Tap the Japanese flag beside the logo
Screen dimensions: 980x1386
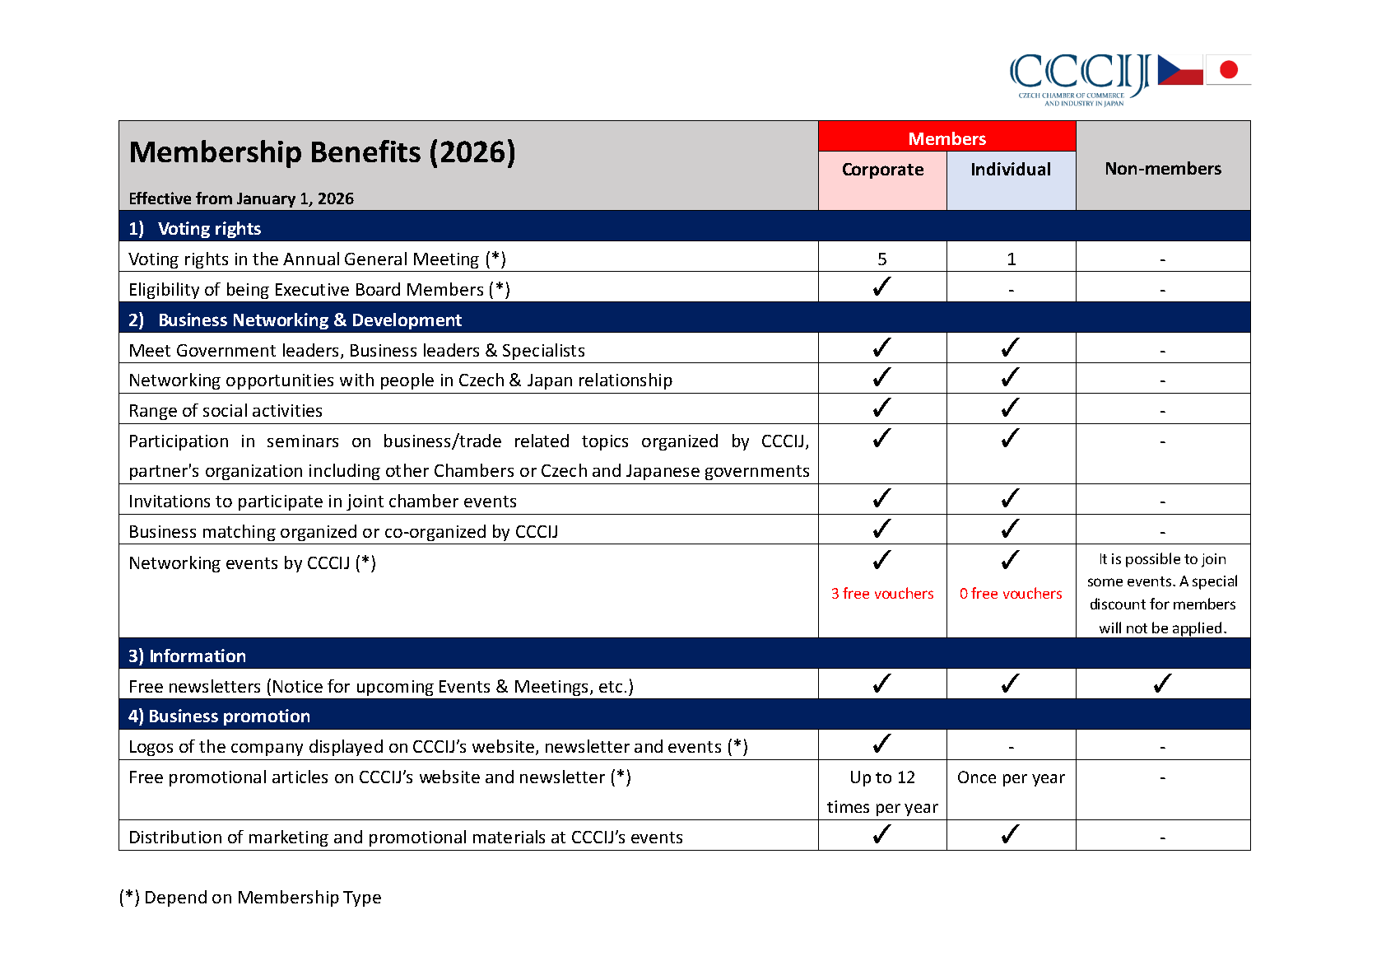pos(1228,70)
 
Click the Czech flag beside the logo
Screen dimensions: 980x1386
pos(1179,70)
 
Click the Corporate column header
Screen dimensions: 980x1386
pos(882,170)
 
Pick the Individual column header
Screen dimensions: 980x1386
pos(1011,170)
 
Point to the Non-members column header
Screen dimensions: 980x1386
pos(1162,169)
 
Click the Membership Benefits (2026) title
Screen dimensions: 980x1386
pos(322,152)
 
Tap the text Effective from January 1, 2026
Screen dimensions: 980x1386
pos(241,198)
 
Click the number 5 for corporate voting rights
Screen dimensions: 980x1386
pos(882,259)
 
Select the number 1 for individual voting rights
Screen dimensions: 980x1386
pos(1012,259)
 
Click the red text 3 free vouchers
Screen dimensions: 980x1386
pos(882,594)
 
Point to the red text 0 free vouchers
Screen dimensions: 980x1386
pos(1011,594)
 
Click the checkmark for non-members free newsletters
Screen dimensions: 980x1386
pos(1162,684)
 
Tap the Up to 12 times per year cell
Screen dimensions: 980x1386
pos(882,791)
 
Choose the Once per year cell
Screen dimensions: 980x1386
pos(1011,777)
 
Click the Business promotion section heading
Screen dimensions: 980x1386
pos(220,716)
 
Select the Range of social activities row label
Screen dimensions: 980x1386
pos(226,411)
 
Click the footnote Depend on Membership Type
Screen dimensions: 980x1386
pos(250,898)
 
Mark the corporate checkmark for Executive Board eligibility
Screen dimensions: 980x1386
pos(881,287)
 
